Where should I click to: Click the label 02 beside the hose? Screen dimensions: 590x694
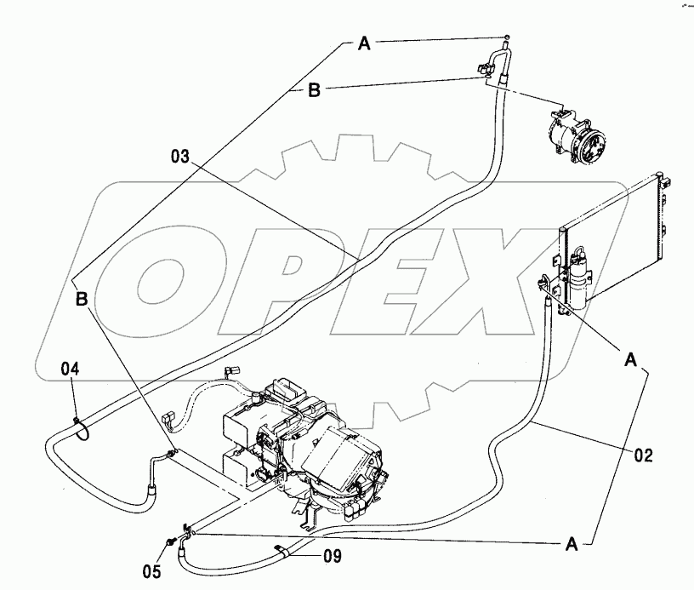tap(643, 455)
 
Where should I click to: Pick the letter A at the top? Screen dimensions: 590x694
tap(364, 44)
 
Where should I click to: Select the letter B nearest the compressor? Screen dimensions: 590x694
tap(314, 90)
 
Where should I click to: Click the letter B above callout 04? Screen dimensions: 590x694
tap(82, 299)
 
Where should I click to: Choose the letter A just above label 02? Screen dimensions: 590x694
tap(631, 360)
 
